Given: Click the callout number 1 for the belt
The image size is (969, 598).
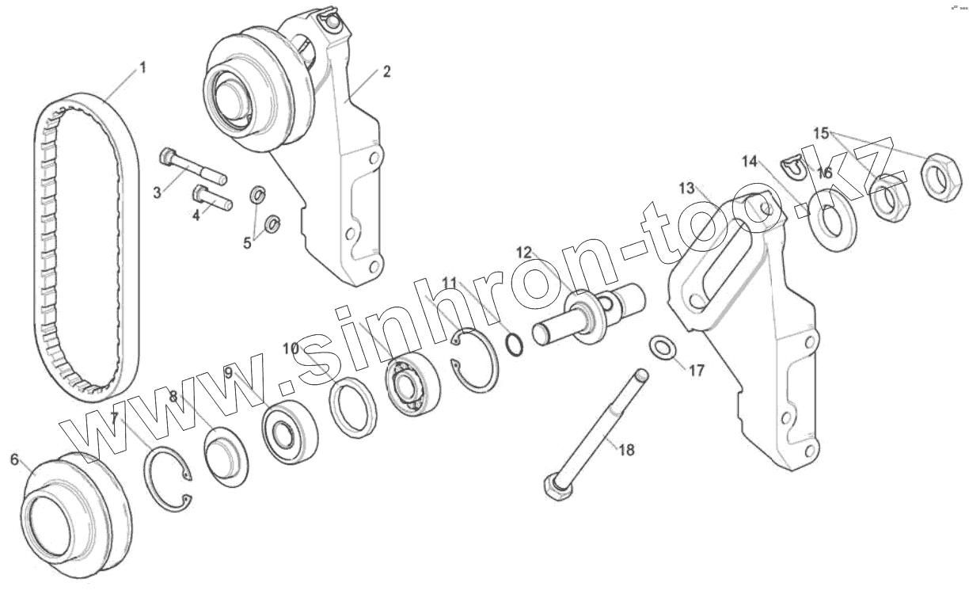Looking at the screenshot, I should click(142, 68).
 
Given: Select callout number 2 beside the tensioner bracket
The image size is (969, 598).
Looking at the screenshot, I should click(386, 72).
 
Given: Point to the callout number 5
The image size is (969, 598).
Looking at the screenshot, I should click(247, 243).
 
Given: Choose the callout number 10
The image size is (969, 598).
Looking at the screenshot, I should click(291, 348).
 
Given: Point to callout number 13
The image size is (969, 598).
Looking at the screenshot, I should click(686, 188).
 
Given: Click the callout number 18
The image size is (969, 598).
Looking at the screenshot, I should click(625, 451).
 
